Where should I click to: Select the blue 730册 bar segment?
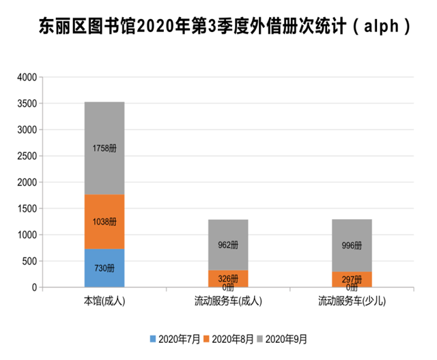pyautogui.click(x=104, y=268)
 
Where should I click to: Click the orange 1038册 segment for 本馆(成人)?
pyautogui.click(x=104, y=222)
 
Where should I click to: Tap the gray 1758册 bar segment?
pyautogui.click(x=104, y=148)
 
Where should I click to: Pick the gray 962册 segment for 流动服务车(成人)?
pyautogui.click(x=228, y=245)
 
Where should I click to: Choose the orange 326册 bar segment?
pyautogui.click(x=228, y=279)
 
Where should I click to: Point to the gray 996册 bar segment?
pyautogui.click(x=352, y=245)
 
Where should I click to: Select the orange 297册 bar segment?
pyautogui.click(x=352, y=279)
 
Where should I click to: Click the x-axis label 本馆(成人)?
pyautogui.click(x=104, y=301)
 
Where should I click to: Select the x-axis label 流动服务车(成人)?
pyautogui.click(x=228, y=301)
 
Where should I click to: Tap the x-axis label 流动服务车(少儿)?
pyautogui.click(x=352, y=301)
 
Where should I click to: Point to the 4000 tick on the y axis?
pyautogui.click(x=25, y=77)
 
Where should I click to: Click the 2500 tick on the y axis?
pyautogui.click(x=25, y=156)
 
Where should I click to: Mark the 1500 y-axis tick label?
pyautogui.click(x=25, y=209)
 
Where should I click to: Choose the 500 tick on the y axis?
pyautogui.click(x=27, y=262)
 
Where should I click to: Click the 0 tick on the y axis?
pyautogui.click(x=33, y=288)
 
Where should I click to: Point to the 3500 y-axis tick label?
pyautogui.click(x=25, y=104)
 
